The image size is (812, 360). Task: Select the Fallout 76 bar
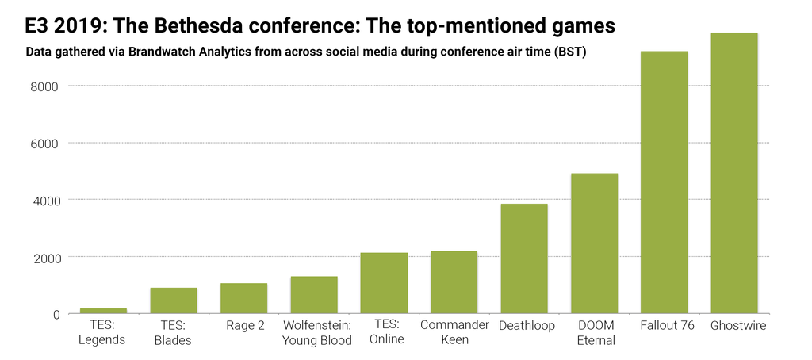(x=664, y=182)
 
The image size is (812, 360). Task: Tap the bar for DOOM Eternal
(x=594, y=243)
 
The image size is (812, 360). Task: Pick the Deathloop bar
(x=523, y=259)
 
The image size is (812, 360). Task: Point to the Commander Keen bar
(x=454, y=282)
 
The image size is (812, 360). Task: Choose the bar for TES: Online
(x=384, y=283)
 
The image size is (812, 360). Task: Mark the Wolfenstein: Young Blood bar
(x=314, y=295)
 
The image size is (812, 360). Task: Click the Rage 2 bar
(x=243, y=298)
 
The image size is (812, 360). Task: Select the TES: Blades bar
(x=174, y=301)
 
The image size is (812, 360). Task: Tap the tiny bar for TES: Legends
(x=103, y=311)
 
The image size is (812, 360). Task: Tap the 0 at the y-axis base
(x=56, y=314)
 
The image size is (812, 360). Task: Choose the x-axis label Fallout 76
(x=664, y=325)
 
